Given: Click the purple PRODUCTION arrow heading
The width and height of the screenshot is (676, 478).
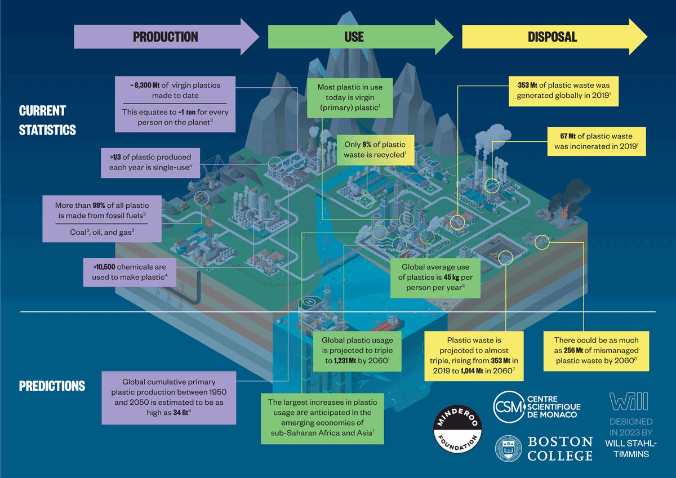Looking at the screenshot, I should pos(166,37).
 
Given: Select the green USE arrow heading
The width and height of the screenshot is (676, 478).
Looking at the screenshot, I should pos(354,37).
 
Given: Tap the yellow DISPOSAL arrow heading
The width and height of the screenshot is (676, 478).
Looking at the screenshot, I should pos(552,37).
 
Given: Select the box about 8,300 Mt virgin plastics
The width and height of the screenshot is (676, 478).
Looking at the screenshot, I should pos(174,105).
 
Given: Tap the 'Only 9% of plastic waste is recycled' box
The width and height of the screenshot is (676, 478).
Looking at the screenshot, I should pos(375,150).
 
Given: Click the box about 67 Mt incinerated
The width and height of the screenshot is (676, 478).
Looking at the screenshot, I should pos(596,141).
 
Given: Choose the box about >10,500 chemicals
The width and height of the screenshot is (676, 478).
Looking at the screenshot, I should pos(130,271).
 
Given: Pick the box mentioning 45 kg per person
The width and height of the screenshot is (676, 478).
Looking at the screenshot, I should pos(435,278).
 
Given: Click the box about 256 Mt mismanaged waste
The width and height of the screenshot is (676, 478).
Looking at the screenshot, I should pos(596,351).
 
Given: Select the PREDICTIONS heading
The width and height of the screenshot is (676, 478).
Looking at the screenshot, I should pos(52,386).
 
